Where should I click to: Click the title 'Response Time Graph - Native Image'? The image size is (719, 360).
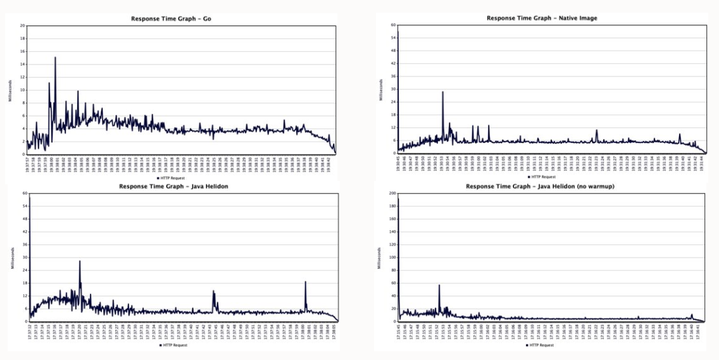[x=541, y=18]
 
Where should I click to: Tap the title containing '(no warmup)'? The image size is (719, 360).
[x=540, y=186]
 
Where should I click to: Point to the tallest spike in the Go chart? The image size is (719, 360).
[x=55, y=58]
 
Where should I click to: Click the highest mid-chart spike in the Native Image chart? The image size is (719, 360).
[x=443, y=92]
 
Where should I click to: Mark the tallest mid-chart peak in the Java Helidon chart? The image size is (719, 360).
[x=80, y=262]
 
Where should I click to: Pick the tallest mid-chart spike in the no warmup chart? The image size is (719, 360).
[x=439, y=285]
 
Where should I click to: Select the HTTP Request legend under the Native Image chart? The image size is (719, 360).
[x=542, y=176]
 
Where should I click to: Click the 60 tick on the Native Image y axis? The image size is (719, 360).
[x=393, y=25]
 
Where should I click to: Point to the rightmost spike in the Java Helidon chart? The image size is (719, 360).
[x=306, y=282]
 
